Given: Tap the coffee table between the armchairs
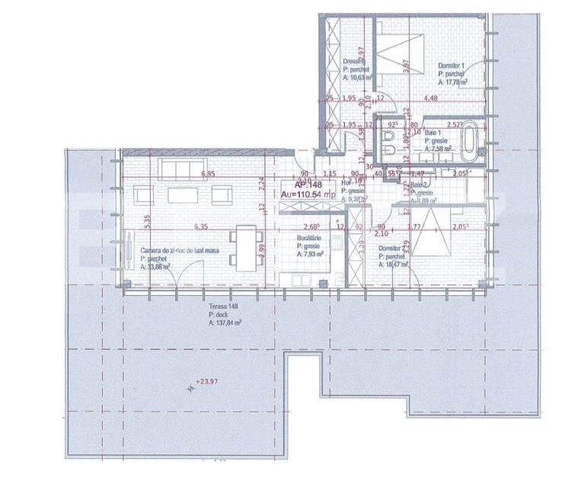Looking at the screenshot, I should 183,195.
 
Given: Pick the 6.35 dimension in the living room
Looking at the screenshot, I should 201,226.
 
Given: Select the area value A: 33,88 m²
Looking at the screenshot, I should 155,267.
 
